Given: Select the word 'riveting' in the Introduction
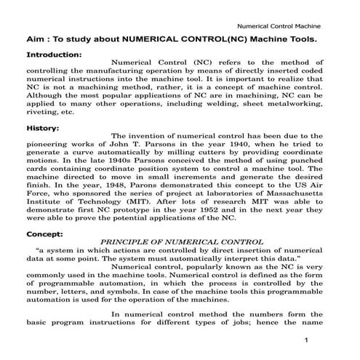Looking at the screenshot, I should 42,113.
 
